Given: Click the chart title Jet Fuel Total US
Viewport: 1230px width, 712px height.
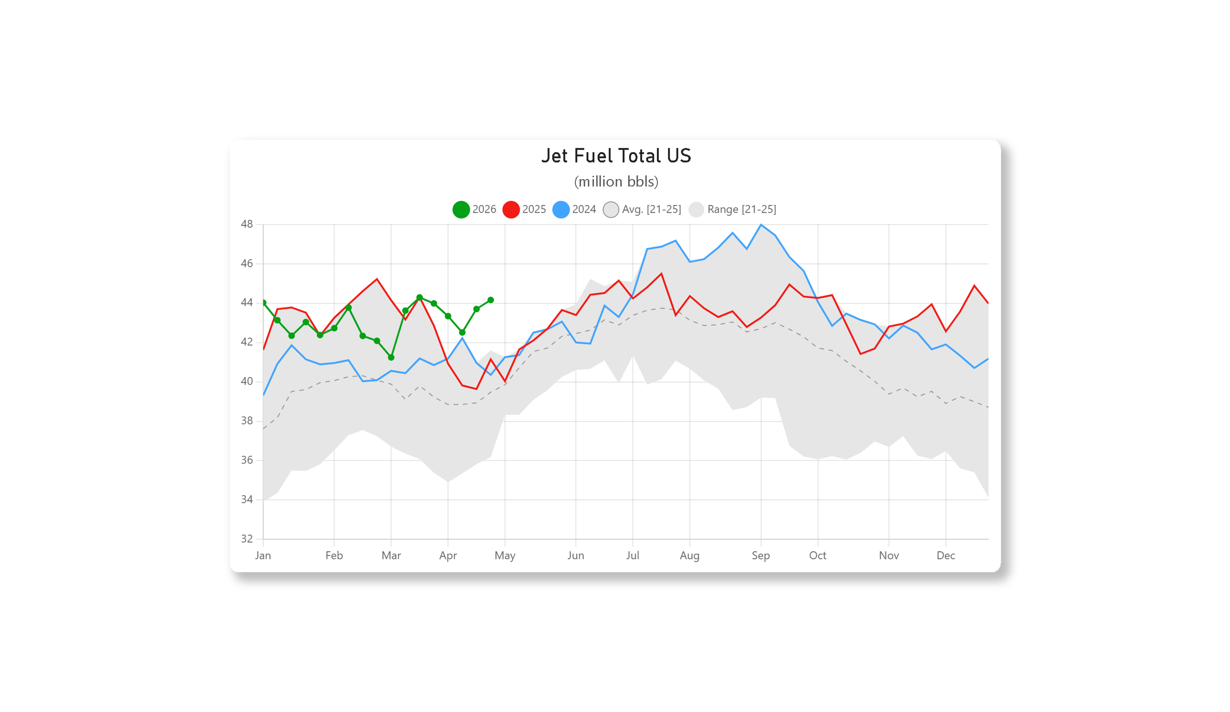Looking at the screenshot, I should (x=616, y=156).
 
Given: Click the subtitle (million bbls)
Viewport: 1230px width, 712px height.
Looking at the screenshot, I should (x=616, y=182).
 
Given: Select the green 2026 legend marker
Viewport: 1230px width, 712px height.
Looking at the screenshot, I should (x=461, y=210).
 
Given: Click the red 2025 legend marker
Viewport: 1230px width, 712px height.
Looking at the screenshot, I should (x=511, y=210).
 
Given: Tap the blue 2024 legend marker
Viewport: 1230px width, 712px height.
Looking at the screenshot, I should (x=561, y=210).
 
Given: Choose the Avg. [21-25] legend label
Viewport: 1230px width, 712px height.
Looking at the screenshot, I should (x=651, y=210).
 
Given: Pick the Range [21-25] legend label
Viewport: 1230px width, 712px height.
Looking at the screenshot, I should (x=742, y=210).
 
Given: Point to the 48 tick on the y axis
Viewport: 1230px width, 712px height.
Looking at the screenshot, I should (x=247, y=224).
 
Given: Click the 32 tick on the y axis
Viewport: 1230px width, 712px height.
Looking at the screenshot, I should (x=247, y=539).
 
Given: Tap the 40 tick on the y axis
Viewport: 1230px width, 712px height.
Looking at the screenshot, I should (x=247, y=381).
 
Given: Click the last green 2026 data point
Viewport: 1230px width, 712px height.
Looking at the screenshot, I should (x=490, y=300).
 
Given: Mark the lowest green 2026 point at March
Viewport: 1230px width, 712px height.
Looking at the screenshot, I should (x=391, y=357).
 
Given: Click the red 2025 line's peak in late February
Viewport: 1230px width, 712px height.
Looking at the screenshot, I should (x=377, y=279).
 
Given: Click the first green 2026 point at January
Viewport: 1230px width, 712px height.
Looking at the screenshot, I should (x=264, y=303).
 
